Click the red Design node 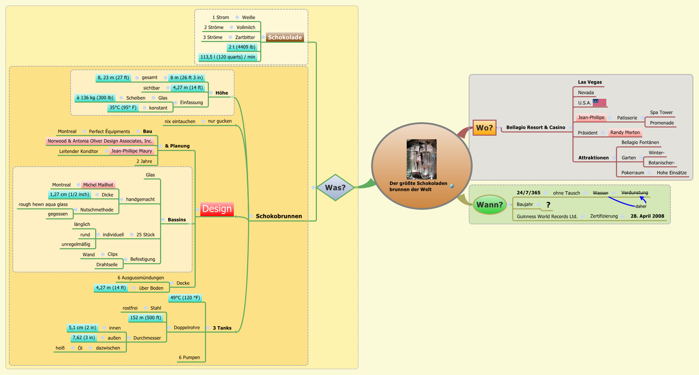click(x=217, y=209)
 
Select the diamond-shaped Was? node click(x=335, y=187)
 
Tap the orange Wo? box click(x=484, y=127)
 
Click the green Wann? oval click(x=489, y=204)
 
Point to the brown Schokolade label click(x=285, y=37)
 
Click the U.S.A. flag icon click(x=600, y=103)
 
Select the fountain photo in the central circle click(x=421, y=159)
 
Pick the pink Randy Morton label click(x=625, y=132)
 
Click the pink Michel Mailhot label click(x=98, y=185)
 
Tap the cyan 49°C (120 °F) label click(x=185, y=298)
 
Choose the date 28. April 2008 click(x=647, y=216)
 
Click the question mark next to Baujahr click(x=548, y=204)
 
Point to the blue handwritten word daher click(x=641, y=206)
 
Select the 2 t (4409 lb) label click(x=242, y=47)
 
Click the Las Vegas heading click(x=590, y=82)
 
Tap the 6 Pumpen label click(x=189, y=358)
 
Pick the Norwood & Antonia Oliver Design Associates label click(x=100, y=141)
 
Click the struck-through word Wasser click(x=600, y=193)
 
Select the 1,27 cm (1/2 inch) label click(x=70, y=194)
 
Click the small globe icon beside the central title click(x=452, y=186)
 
